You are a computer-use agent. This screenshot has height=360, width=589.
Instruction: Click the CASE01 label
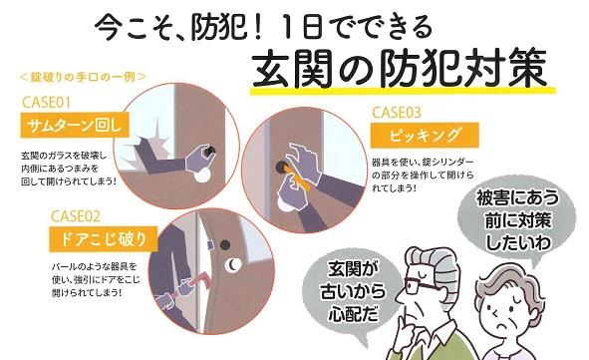pos(46,102)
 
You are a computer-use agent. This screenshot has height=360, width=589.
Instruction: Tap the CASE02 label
pos(76,216)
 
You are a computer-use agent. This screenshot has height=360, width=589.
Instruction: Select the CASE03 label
pos(397,113)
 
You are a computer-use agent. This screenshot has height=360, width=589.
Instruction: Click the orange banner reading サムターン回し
pos(75,125)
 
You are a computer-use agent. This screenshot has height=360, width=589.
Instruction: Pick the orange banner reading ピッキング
pos(425,135)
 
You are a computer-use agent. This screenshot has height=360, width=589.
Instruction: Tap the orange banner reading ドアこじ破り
pos(104,239)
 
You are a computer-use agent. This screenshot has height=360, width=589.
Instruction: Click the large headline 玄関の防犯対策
pos(400,69)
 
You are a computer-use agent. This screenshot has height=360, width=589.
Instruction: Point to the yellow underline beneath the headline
pos(403,91)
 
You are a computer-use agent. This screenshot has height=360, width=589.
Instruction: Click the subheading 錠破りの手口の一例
pos(83,77)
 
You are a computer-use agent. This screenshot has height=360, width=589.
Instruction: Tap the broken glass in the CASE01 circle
pos(148,141)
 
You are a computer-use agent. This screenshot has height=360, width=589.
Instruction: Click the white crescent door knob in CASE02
pos(233,265)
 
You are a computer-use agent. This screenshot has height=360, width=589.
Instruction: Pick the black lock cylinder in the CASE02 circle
pos(225,245)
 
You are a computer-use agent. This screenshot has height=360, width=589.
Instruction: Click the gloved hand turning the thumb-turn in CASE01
pos(200,156)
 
